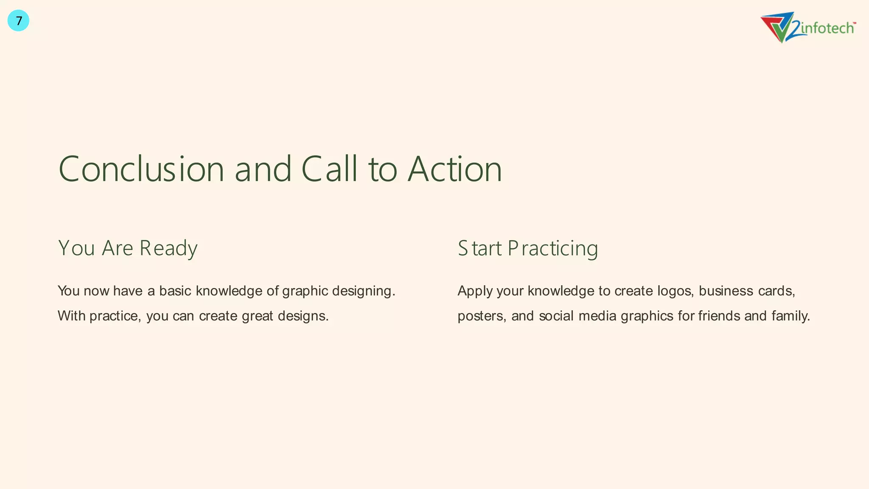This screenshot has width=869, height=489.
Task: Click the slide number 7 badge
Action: [x=18, y=21]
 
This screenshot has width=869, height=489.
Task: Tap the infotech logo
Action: [x=808, y=28]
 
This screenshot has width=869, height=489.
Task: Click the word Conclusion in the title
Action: [x=141, y=169]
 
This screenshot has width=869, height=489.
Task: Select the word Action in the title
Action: [x=455, y=169]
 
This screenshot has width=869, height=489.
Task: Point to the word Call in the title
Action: [x=329, y=169]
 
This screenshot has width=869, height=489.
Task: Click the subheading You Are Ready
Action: [x=128, y=248]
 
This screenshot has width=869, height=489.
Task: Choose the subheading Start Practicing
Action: [x=527, y=248]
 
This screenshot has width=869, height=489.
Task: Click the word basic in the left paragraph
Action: [x=175, y=291]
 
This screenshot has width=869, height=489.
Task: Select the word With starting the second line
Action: [x=71, y=316]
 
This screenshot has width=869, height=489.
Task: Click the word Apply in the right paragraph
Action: [x=475, y=291]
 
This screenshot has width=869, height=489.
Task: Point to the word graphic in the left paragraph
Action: [x=305, y=291]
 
